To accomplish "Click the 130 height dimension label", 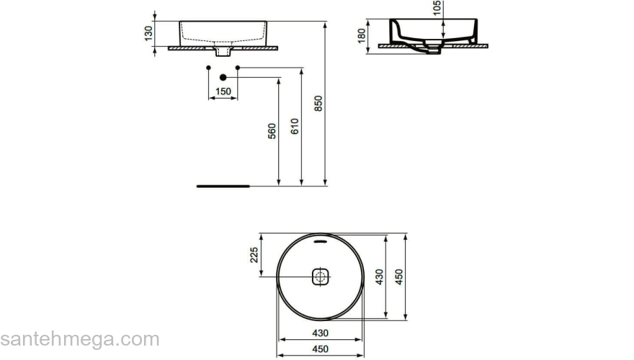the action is [x=149, y=33].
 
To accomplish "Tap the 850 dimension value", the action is [x=318, y=104].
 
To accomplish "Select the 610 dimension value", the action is [x=295, y=127].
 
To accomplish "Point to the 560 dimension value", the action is [x=272, y=131].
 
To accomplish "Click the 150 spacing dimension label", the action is [x=223, y=91].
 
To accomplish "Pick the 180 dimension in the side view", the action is [x=362, y=35].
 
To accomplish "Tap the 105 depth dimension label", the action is [x=437, y=8].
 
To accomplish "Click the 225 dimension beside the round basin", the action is [x=254, y=255].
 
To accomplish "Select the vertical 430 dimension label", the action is [x=379, y=277].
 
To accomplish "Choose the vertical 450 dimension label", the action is [x=399, y=277].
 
